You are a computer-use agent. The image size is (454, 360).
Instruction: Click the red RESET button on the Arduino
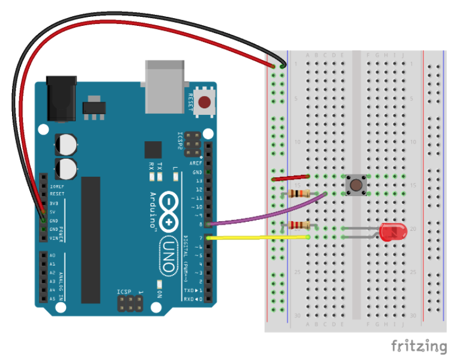click(205, 102)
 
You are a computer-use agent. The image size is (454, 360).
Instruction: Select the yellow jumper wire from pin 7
click(258, 238)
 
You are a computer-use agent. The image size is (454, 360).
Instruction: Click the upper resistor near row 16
click(299, 194)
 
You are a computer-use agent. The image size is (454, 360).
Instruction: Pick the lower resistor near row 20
click(299, 225)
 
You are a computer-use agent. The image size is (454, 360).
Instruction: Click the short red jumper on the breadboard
click(291, 178)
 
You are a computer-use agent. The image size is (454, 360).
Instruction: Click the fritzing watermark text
click(419, 346)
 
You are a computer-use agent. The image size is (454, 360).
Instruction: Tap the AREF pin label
click(196, 163)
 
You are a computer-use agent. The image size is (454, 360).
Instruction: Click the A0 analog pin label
click(52, 255)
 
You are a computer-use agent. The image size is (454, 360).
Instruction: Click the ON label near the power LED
click(160, 294)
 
